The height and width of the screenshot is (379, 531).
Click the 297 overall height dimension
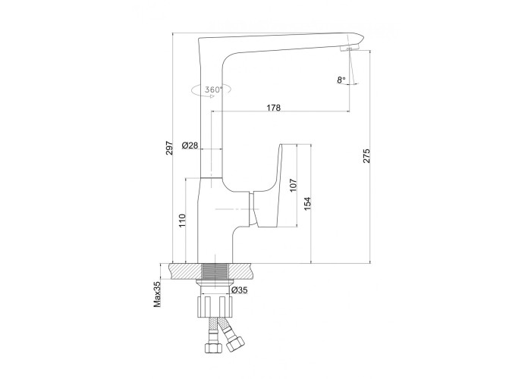click(169, 149)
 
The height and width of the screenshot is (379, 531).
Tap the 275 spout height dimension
click(366, 156)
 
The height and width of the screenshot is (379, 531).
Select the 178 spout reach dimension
click(274, 108)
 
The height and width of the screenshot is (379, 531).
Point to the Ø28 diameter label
click(190, 146)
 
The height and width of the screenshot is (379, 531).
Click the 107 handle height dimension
click(294, 185)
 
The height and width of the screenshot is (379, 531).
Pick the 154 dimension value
click(307, 204)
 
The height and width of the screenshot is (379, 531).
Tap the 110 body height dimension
click(182, 221)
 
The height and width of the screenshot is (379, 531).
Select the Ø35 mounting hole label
click(240, 290)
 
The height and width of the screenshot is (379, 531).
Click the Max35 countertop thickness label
click(157, 296)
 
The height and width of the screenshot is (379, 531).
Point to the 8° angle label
click(341, 80)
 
